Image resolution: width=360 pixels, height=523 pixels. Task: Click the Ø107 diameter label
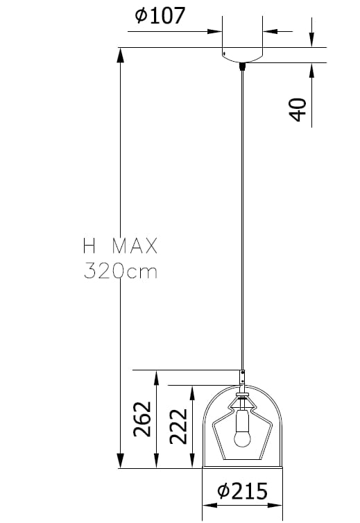pyautogui.click(x=161, y=15)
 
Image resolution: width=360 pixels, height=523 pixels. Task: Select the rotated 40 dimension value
pyautogui.click(x=298, y=110)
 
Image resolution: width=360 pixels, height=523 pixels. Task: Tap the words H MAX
pyautogui.click(x=120, y=246)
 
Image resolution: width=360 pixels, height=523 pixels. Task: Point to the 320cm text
pyautogui.click(x=120, y=271)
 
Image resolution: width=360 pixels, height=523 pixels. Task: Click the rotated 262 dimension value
pyautogui.click(x=142, y=419)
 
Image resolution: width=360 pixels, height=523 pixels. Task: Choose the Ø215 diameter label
pyautogui.click(x=242, y=492)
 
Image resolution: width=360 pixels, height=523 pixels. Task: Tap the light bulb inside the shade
pyautogui.click(x=242, y=435)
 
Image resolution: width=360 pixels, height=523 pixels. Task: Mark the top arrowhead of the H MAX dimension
pyautogui.click(x=121, y=55)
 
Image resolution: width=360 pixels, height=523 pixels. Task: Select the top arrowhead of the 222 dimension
pyautogui.click(x=192, y=392)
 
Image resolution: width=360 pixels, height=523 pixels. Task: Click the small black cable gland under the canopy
pyautogui.click(x=242, y=67)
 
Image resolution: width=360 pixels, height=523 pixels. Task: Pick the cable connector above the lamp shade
pyautogui.click(x=242, y=378)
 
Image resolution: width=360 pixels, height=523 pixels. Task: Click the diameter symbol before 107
pyautogui.click(x=141, y=15)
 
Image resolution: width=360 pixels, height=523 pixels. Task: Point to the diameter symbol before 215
pyautogui.click(x=223, y=492)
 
